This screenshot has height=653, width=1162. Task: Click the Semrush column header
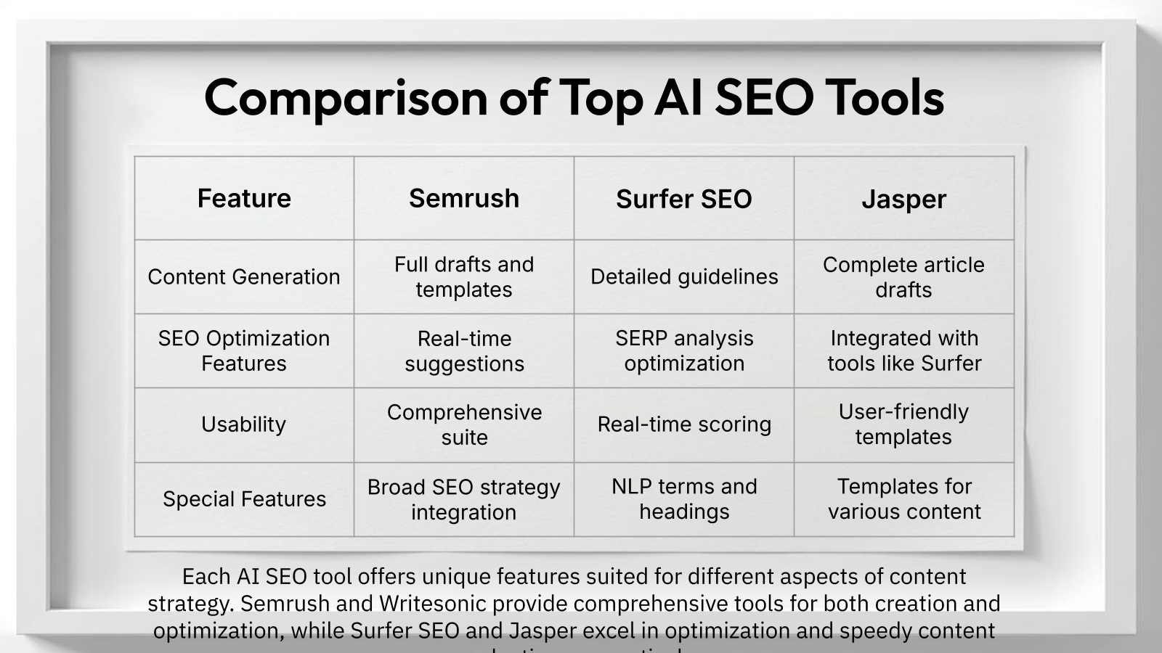[464, 198]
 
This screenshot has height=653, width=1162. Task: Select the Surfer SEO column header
[683, 199]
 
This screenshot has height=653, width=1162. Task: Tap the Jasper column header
[903, 199]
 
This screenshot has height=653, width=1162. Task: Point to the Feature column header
[244, 198]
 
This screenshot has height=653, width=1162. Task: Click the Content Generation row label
[244, 276]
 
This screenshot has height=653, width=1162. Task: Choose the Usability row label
[244, 424]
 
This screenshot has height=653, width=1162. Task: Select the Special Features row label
[244, 499]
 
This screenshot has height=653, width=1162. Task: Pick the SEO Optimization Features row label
[244, 350]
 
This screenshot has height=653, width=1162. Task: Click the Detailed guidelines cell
[683, 276]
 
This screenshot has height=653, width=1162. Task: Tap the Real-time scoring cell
[683, 424]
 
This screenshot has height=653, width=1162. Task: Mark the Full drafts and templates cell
[464, 276]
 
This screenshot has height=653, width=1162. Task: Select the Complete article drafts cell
[903, 276]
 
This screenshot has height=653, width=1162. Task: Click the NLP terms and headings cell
[683, 498]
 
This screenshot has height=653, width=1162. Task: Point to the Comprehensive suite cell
[464, 424]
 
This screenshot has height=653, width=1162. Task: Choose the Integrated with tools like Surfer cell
[903, 350]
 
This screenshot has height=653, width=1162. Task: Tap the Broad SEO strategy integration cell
[464, 499]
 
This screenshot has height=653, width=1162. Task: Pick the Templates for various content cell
[903, 498]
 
